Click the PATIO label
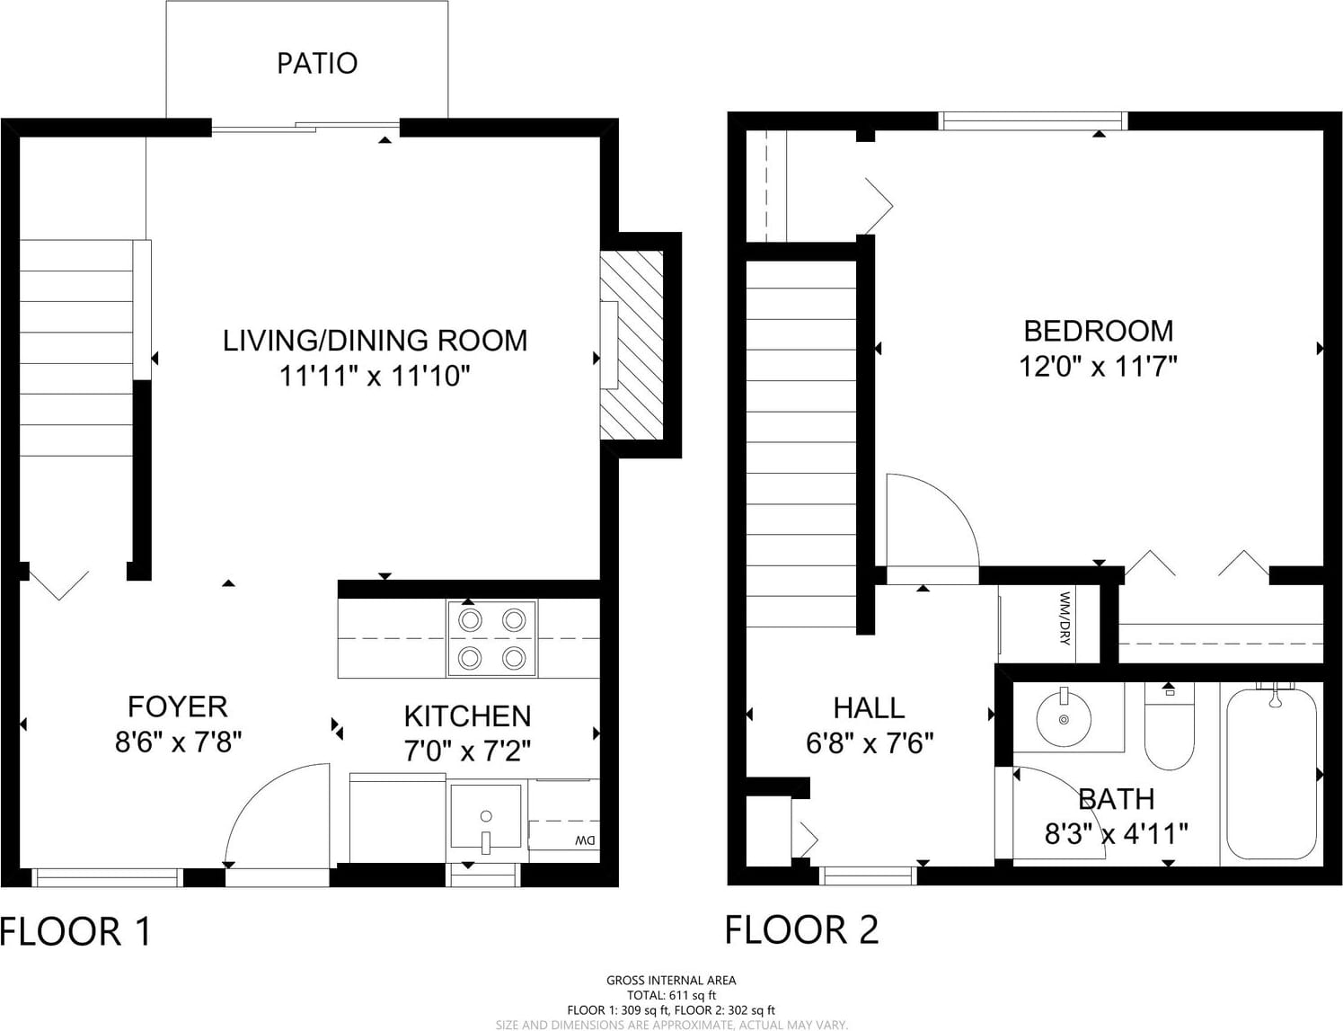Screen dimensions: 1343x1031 coord(317,63)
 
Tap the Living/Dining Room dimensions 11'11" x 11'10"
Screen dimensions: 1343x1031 coord(376,376)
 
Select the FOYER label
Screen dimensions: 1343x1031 coord(177,707)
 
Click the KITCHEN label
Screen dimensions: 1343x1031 coord(468,716)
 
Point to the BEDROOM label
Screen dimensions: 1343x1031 coord(1099,332)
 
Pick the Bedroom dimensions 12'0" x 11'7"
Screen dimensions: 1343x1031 coord(1098,367)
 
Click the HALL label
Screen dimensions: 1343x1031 coord(869,707)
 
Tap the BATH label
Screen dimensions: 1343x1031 coord(1117,799)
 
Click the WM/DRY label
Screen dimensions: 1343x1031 coord(1065,618)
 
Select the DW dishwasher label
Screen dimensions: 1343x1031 coord(585,840)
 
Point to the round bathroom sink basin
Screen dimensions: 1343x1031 coord(1064,719)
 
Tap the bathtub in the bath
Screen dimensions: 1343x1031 coord(1271,774)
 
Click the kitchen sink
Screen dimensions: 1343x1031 coord(486,817)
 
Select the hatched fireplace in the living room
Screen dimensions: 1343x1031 coord(632,345)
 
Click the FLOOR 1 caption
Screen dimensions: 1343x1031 coord(75,931)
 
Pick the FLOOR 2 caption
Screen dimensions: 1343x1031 coord(801,930)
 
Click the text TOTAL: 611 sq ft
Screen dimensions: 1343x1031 coord(671,995)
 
